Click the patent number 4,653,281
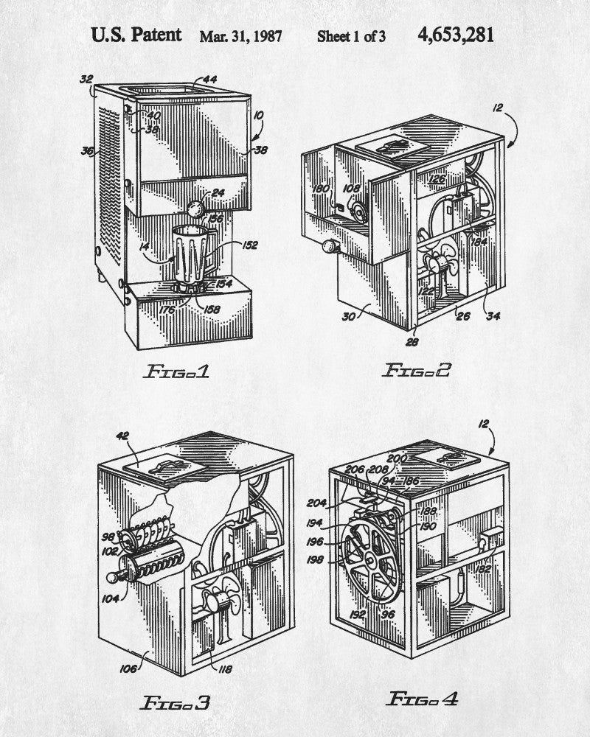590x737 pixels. coord(455,35)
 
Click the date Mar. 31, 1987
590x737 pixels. coord(240,36)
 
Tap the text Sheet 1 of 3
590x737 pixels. coord(351,36)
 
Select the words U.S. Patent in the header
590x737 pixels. coord(136,35)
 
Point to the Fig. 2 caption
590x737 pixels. coord(416,370)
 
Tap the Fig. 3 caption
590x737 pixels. coord(175,702)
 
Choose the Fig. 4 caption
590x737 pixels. coord(423,698)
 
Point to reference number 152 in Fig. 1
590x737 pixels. coord(249,246)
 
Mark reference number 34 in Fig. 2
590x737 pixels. coord(492,317)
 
